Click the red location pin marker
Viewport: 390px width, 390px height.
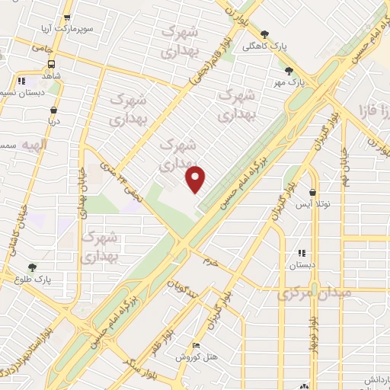(197, 178)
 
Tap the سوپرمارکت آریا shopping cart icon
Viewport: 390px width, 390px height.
(68, 18)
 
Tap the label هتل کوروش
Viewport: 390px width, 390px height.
(197, 356)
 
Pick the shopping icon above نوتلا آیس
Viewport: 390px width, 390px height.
(313, 193)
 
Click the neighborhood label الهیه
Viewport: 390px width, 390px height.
(34, 145)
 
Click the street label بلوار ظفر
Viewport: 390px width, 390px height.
(172, 338)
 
